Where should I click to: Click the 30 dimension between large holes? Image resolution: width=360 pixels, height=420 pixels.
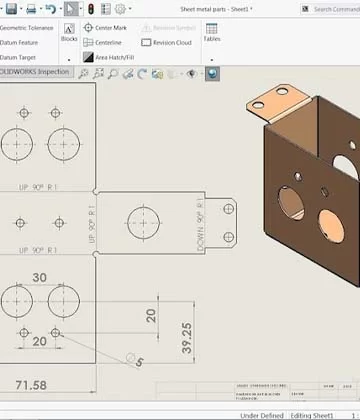40,277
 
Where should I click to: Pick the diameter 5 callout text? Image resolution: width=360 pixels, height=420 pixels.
139,361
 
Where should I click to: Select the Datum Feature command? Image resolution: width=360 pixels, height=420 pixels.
20,42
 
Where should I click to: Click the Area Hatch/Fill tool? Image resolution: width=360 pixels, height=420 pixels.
112,58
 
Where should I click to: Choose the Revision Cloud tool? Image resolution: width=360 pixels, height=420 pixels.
164,43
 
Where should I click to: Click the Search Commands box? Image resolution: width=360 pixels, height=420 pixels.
332,9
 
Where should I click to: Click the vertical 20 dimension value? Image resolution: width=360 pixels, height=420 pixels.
151,315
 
